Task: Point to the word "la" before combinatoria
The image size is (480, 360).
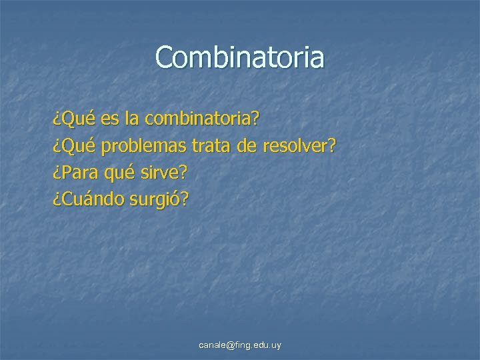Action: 132,120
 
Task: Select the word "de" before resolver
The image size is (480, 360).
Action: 246,146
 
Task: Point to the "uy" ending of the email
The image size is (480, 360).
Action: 276,345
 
